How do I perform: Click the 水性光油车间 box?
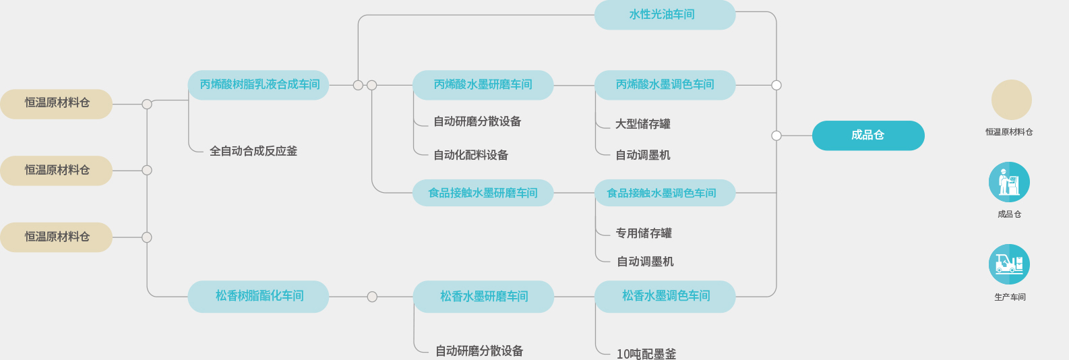point(665,15)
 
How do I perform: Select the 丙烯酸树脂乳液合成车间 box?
point(259,85)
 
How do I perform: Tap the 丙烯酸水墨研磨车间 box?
point(483,85)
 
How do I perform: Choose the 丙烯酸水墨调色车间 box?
point(665,85)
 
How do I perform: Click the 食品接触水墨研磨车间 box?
point(483,193)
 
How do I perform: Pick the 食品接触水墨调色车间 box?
point(665,193)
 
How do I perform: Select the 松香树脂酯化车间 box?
point(259,296)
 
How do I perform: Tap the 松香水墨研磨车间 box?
point(483,297)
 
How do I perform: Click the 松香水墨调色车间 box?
point(665,296)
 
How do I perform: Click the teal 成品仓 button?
point(868,136)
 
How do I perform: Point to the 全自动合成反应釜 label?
point(253,151)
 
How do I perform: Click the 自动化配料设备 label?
point(470,155)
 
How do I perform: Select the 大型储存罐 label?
point(642,124)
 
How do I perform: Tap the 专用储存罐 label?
point(644,233)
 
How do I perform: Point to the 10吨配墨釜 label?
point(646,353)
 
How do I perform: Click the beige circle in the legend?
point(1011,100)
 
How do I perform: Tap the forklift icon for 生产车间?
point(1009,264)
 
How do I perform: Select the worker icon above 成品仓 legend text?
point(1009,182)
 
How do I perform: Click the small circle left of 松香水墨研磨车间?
point(372,297)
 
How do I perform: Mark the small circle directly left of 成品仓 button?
point(776,136)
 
